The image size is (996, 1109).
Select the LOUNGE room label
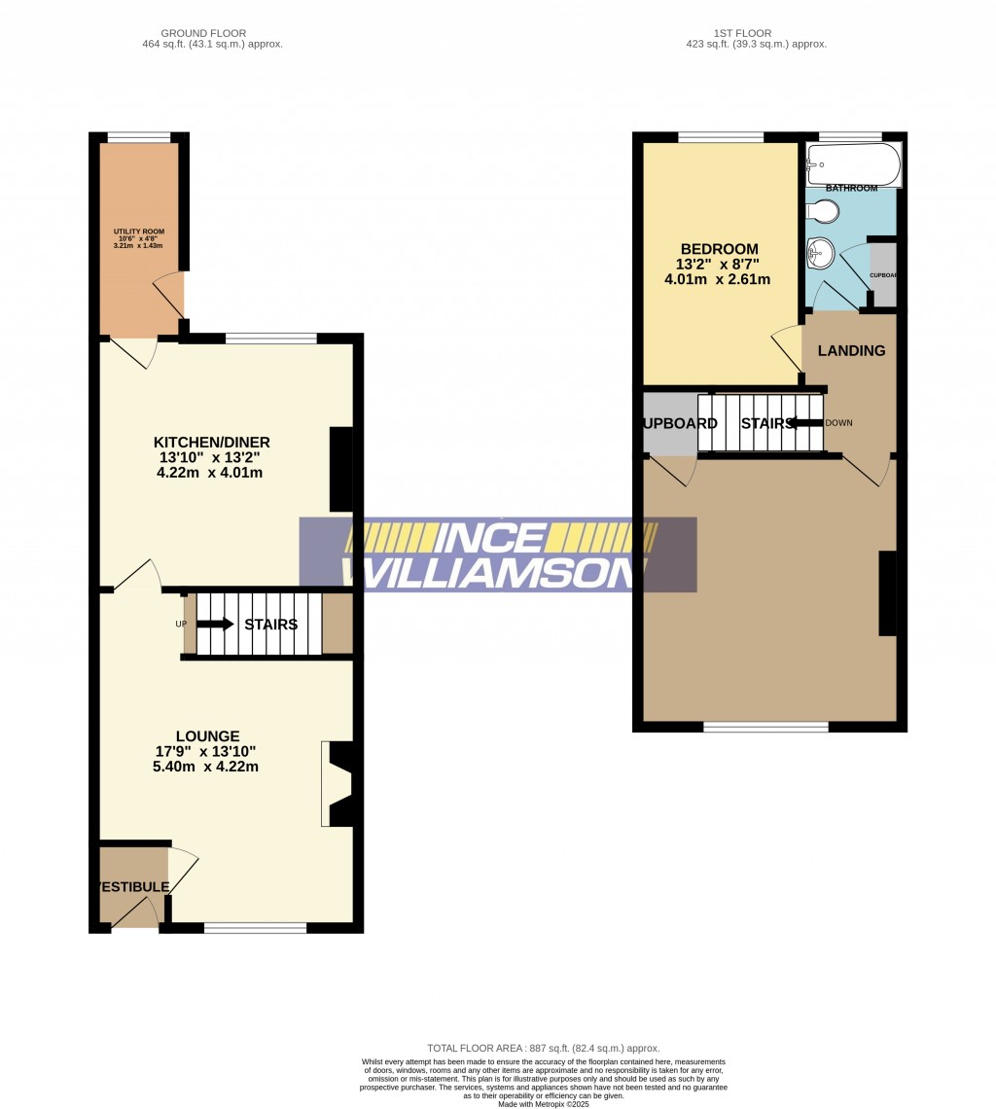208,736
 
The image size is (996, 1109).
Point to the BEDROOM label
719,249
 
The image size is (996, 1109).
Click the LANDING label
851,350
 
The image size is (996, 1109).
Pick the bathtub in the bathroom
853,162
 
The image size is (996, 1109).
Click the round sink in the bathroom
819,255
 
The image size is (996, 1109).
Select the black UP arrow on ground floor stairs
214,624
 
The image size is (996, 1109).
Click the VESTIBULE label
132,887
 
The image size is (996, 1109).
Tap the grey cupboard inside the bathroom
882,273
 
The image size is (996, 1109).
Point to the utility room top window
138,137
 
